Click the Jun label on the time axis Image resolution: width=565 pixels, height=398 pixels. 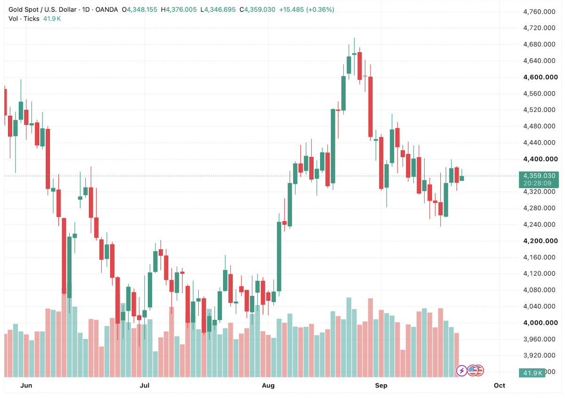pyautogui.click(x=26, y=385)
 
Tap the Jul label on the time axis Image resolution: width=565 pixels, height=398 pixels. pyautogui.click(x=145, y=385)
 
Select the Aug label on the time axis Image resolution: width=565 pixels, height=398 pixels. pyautogui.click(x=268, y=385)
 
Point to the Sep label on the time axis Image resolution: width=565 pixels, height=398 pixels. pyautogui.click(x=381, y=385)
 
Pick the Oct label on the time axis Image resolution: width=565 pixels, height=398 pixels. pyautogui.click(x=500, y=385)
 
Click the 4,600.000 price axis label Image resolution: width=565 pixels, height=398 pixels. pyautogui.click(x=541, y=77)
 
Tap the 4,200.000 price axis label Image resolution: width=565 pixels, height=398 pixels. pyautogui.click(x=541, y=241)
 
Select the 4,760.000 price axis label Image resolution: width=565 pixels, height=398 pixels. pyautogui.click(x=539, y=12)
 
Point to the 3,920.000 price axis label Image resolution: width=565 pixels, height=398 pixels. pyautogui.click(x=539, y=355)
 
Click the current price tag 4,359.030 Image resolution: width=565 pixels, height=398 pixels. pyautogui.click(x=539, y=175)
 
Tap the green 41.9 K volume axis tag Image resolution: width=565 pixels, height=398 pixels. pyautogui.click(x=532, y=373)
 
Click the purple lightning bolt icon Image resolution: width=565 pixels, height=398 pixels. pyautogui.click(x=461, y=371)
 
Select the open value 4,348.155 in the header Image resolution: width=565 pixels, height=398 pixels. pyautogui.click(x=142, y=9)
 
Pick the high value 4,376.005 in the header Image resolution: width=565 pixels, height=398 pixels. pyautogui.click(x=181, y=9)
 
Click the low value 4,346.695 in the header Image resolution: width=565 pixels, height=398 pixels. pyautogui.click(x=220, y=9)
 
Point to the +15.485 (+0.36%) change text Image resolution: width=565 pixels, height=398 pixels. pyautogui.click(x=307, y=9)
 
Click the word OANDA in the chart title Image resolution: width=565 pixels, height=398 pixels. pyautogui.click(x=106, y=9)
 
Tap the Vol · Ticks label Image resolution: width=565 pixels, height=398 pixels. pyautogui.click(x=24, y=19)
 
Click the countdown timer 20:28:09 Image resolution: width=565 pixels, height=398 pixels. pyautogui.click(x=538, y=183)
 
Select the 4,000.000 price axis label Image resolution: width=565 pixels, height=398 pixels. pyautogui.click(x=541, y=323)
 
